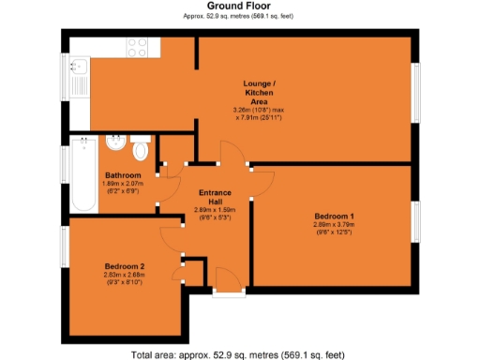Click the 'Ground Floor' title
241,7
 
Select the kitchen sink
79,66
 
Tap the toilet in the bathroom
141,149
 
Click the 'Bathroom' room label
123,175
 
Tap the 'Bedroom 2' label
123,266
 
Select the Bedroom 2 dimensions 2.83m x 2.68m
123,277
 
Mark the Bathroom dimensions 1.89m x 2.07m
123,186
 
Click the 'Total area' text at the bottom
241,353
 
